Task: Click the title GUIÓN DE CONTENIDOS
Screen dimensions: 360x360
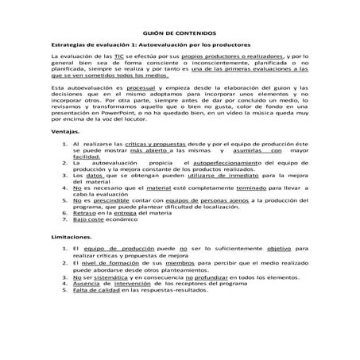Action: (180, 33)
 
